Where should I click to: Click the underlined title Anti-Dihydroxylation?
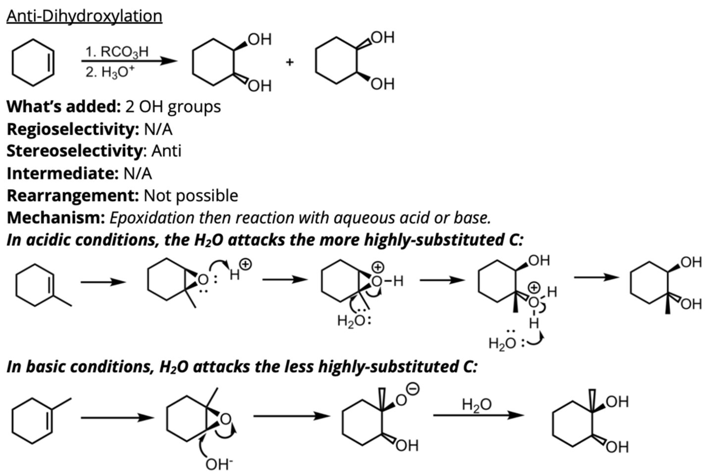coord(84,16)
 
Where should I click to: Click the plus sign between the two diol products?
coord(289,62)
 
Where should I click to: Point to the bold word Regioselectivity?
coord(73,129)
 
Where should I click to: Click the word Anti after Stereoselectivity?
coord(166,151)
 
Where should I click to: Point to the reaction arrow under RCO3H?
coord(129,61)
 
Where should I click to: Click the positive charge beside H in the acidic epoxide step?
coord(246,264)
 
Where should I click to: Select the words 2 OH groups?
coord(173,107)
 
